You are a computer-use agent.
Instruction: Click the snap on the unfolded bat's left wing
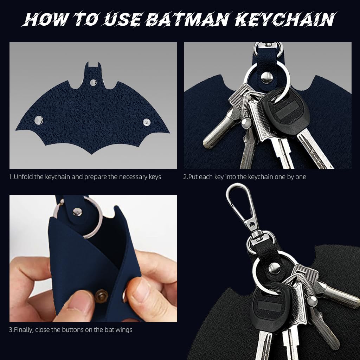38,121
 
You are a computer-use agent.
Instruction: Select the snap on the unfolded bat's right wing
146,122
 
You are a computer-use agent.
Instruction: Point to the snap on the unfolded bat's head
93,82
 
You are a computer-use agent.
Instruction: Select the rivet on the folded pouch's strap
76,211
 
